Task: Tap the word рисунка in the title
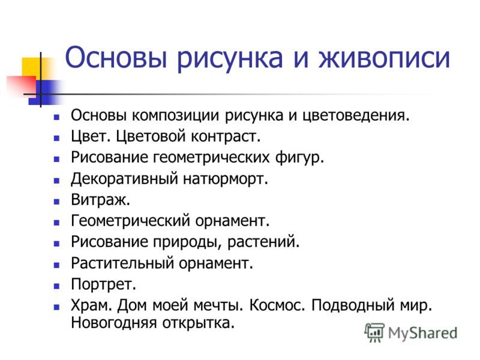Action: pos(230,59)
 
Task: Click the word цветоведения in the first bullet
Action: pos(356,116)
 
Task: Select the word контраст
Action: pos(226,137)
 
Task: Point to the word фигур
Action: pos(299,158)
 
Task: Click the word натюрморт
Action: pos(226,179)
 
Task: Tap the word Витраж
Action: pos(100,200)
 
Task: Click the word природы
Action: pos(187,242)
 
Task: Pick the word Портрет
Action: pos(103,284)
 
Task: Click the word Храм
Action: pos(91,305)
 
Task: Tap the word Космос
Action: pos(277,305)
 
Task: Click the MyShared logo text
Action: pos(423,333)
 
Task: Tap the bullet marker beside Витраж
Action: pos(56,202)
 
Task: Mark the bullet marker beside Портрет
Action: pos(56,286)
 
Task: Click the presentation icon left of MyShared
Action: pos(374,332)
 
